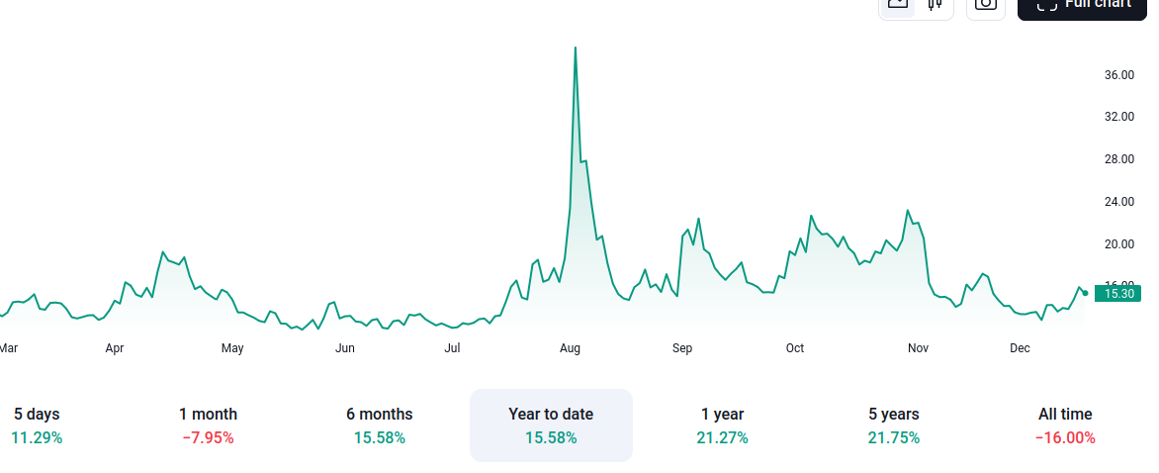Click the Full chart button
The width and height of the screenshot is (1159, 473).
(x=1083, y=5)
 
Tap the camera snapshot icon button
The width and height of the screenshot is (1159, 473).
(x=985, y=5)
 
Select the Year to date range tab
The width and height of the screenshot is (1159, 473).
(x=551, y=425)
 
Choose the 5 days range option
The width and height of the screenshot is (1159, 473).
(x=37, y=425)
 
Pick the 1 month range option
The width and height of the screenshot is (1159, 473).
(x=208, y=425)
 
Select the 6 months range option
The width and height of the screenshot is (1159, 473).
(x=379, y=425)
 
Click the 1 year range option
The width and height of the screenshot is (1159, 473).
(x=722, y=425)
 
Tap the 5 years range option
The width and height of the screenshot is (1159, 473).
(x=893, y=425)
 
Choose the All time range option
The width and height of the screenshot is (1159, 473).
(x=1065, y=425)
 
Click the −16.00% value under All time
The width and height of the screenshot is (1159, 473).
(x=1065, y=437)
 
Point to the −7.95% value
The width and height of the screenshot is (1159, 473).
(x=208, y=437)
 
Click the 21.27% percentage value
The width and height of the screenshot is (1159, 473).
(x=722, y=437)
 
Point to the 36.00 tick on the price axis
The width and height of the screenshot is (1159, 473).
(x=1118, y=75)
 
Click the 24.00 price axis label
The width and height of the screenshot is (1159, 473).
(x=1118, y=202)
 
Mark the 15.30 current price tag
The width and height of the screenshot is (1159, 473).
(x=1118, y=293)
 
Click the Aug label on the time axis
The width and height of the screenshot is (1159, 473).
(x=570, y=348)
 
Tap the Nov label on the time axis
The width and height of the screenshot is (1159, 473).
(x=918, y=348)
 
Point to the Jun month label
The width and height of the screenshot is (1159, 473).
(x=345, y=348)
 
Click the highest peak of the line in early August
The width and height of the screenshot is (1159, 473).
(x=576, y=47)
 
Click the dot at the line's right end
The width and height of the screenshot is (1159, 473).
(x=1085, y=293)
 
